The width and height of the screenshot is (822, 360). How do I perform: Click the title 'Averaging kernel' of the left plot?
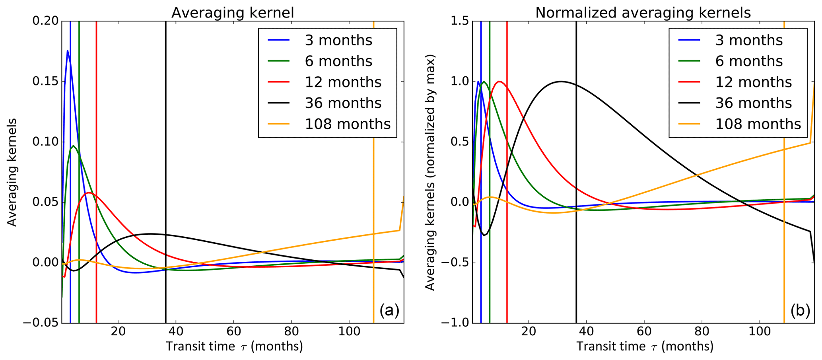pos(233,13)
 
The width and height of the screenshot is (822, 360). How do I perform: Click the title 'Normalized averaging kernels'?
pos(643,13)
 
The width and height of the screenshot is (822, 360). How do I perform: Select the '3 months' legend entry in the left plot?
pos(338,40)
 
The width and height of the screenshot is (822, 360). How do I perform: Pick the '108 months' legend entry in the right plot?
pos(758,124)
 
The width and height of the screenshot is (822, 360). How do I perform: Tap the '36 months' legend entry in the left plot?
pos(343,103)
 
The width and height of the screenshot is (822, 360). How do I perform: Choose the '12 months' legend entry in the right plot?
pos(753,82)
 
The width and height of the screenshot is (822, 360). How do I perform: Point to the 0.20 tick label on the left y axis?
pos(45,21)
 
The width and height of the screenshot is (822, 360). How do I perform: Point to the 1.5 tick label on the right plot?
pos(459,21)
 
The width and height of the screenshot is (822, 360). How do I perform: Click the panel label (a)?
pos(389,310)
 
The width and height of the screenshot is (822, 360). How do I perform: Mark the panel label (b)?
pos(800,310)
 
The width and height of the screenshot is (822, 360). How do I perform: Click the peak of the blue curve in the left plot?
pos(68,51)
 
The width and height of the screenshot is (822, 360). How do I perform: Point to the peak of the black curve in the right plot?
pos(561,82)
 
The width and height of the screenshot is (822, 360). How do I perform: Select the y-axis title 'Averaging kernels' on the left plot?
pos(12,172)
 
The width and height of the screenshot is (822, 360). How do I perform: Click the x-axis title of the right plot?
pos(644,346)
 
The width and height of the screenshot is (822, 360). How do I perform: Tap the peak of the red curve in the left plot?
pos(89,193)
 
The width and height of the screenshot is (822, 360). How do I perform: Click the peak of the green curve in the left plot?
pos(74,146)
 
